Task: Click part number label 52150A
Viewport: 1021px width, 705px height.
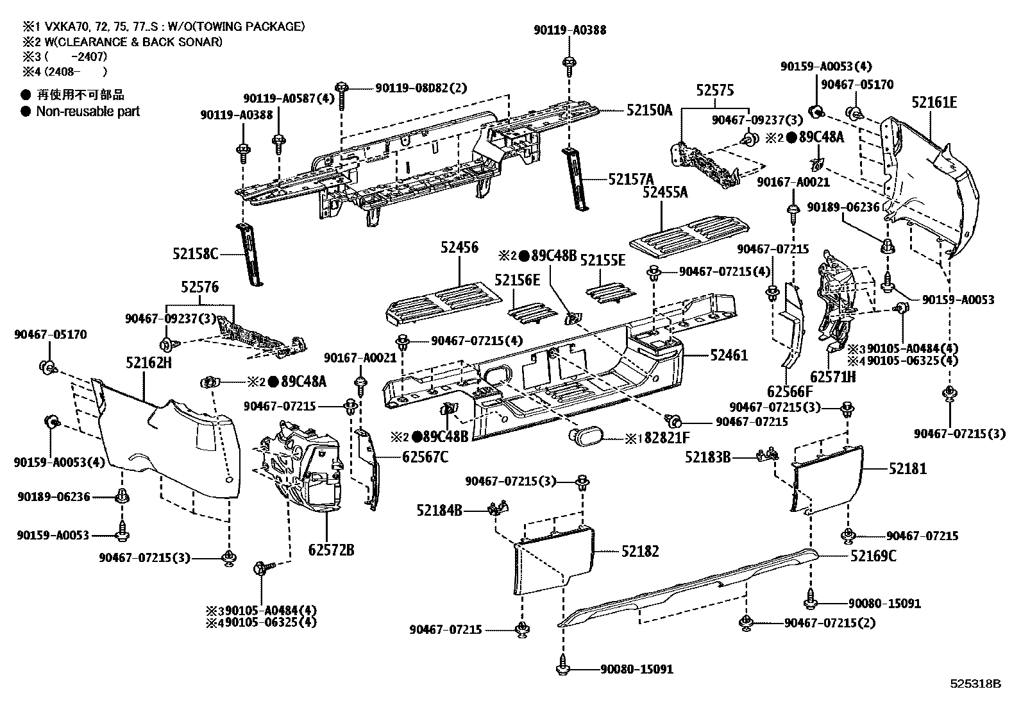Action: coord(649,110)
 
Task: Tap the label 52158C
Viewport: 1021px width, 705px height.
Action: coord(195,255)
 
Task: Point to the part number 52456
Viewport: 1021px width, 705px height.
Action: coord(459,247)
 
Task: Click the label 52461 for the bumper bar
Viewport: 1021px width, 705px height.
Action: coord(729,355)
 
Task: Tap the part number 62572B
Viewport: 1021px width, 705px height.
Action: coord(331,550)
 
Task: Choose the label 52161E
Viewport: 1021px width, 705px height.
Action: coord(934,102)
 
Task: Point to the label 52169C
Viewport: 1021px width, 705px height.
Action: coord(873,556)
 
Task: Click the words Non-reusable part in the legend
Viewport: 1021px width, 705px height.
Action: coord(88,111)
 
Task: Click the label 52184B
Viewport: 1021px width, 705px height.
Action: coord(439,511)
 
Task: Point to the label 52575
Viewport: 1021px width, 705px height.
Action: coord(715,90)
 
